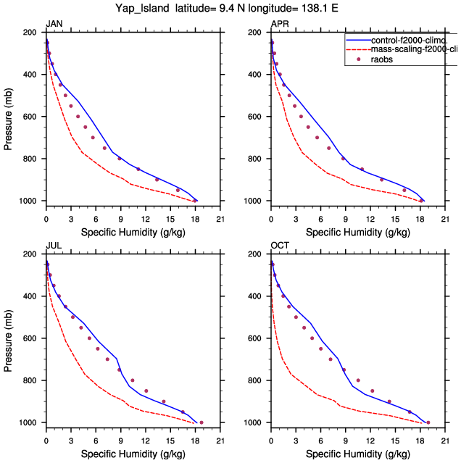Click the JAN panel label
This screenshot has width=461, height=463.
click(x=53, y=25)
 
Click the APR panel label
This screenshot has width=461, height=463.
click(x=279, y=25)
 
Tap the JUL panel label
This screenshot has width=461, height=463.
click(x=53, y=246)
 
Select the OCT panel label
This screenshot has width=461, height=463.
click(x=280, y=246)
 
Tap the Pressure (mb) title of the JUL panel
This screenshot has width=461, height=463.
click(x=9, y=338)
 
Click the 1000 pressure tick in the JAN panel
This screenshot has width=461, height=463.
click(x=30, y=201)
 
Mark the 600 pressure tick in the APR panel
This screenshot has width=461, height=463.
click(x=257, y=117)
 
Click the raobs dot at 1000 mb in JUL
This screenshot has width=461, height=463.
click(x=201, y=422)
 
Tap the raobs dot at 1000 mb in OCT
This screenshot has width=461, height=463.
click(x=428, y=422)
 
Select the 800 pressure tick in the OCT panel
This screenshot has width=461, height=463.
click(x=257, y=380)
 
